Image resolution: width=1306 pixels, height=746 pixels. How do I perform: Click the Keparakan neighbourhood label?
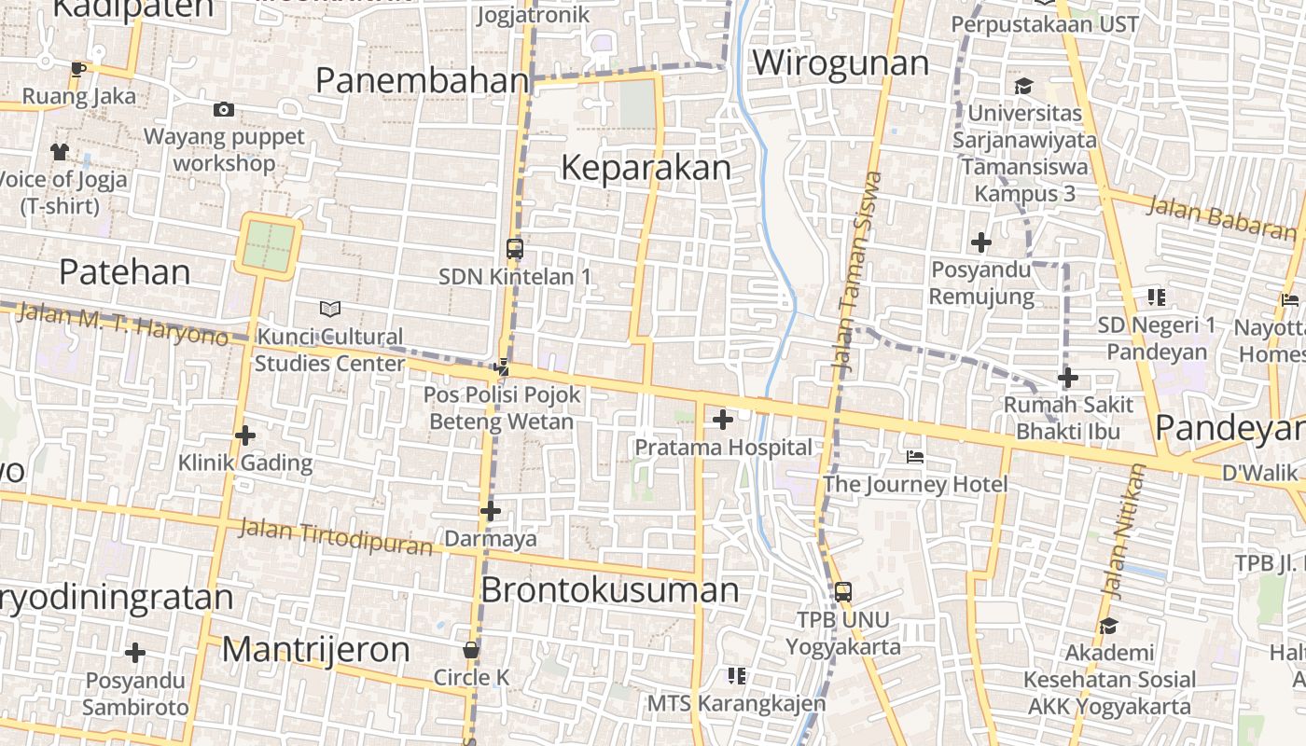click(646, 168)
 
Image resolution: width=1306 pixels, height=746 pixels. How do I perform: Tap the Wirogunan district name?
click(841, 63)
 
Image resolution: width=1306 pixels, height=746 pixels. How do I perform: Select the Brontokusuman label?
click(610, 590)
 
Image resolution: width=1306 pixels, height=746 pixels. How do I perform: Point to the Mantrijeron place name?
click(315, 649)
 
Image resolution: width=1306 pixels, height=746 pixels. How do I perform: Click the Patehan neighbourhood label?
click(124, 272)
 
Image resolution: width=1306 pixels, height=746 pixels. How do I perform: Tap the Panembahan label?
click(423, 81)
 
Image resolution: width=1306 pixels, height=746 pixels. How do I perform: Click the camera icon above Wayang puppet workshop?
click(224, 110)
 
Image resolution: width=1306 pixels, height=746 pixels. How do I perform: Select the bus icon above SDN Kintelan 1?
click(515, 249)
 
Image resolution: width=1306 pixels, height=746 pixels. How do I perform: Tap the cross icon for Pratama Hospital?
click(722, 420)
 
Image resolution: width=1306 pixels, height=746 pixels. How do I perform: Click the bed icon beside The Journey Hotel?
click(916, 457)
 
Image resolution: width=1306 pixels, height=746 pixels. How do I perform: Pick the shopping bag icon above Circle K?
click(471, 650)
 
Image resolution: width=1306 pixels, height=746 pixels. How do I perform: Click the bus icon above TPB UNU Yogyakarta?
click(843, 591)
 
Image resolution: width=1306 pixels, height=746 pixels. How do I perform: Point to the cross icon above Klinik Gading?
click(245, 435)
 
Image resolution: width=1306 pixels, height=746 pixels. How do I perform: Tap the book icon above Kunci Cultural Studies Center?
click(329, 309)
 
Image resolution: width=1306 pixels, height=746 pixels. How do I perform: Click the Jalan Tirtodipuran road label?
click(336, 535)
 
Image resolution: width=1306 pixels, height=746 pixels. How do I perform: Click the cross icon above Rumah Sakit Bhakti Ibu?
click(1068, 378)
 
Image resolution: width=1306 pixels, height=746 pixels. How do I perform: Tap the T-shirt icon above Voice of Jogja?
click(60, 151)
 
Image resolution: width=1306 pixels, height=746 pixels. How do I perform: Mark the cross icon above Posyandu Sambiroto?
click(135, 653)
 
